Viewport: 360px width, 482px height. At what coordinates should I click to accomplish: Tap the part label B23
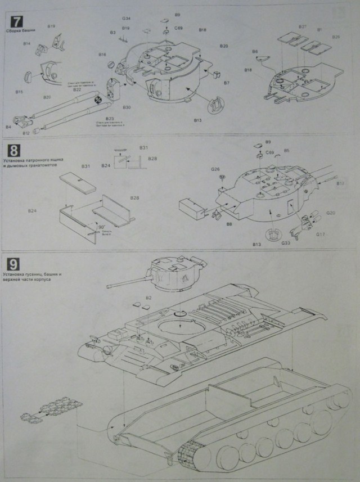(110, 119)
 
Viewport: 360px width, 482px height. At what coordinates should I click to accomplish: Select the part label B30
(127, 107)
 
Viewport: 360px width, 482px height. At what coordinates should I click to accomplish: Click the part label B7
(226, 83)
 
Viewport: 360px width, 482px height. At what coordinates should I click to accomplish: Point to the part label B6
(255, 52)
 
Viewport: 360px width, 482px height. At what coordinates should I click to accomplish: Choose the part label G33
(286, 243)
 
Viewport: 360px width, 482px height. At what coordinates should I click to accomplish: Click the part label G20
(331, 213)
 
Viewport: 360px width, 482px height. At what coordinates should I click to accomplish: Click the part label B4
(8, 127)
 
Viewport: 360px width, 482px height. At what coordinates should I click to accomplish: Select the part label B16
(102, 55)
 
